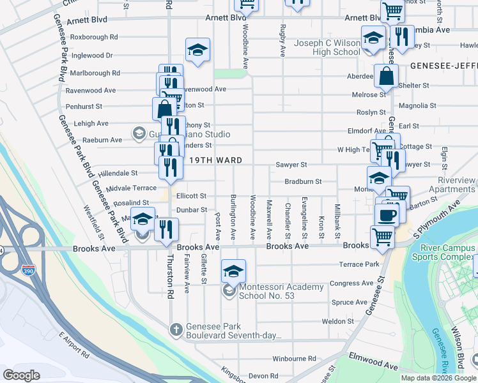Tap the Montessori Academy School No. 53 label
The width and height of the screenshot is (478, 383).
tap(281, 291)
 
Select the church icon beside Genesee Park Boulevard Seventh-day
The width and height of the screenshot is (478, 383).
tap(176, 330)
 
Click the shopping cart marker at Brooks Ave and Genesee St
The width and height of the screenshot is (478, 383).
tap(382, 236)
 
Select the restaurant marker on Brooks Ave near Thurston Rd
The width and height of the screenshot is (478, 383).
tap(166, 230)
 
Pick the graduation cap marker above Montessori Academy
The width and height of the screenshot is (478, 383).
tap(234, 271)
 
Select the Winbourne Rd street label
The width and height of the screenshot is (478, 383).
tap(294, 359)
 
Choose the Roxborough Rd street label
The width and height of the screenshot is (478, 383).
tap(94, 37)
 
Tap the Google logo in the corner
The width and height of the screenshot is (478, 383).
tap(22, 375)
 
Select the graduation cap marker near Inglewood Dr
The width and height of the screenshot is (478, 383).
tap(198, 50)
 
